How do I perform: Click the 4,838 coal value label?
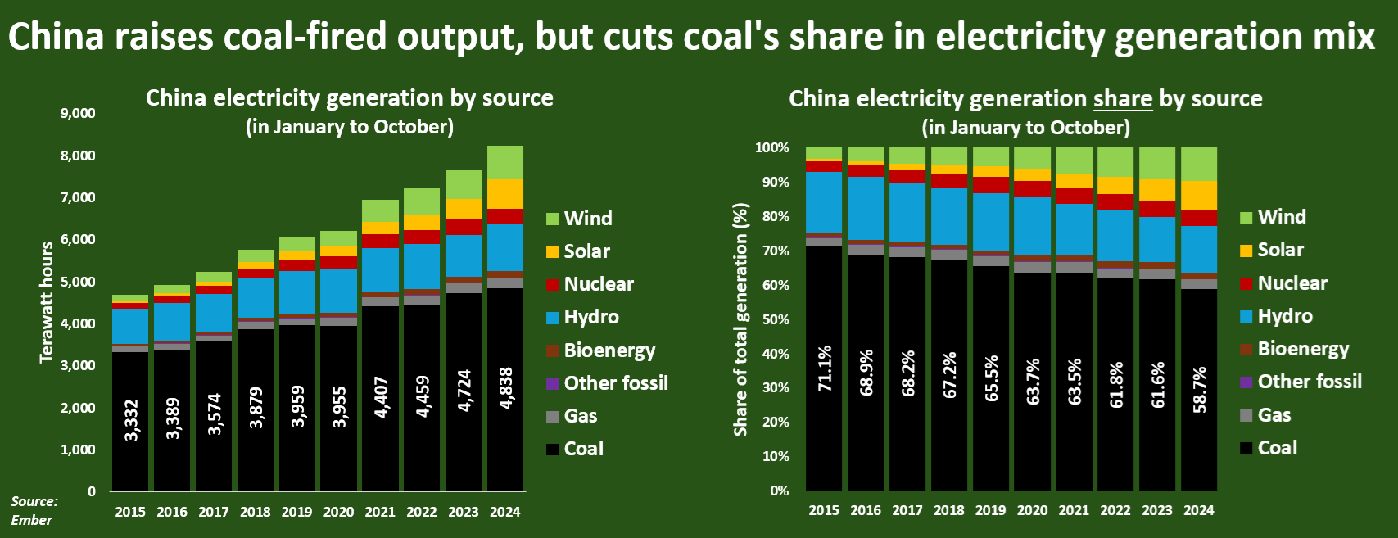(506, 388)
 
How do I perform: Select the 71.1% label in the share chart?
(824, 368)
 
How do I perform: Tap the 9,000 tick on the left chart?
(78, 113)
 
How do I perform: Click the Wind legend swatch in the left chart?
(553, 219)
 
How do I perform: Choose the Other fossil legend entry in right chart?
(1309, 382)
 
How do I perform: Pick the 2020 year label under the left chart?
(338, 512)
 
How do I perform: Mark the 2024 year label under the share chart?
(1198, 510)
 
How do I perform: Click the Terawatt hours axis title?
(47, 301)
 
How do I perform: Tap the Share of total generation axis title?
(740, 319)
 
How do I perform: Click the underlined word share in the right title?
(1123, 99)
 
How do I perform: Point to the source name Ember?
(32, 520)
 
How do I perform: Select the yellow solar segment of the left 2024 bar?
(505, 194)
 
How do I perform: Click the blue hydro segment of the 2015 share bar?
(824, 202)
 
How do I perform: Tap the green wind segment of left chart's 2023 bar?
(464, 184)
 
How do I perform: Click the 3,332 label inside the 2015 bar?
(131, 420)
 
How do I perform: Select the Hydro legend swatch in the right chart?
(1246, 316)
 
